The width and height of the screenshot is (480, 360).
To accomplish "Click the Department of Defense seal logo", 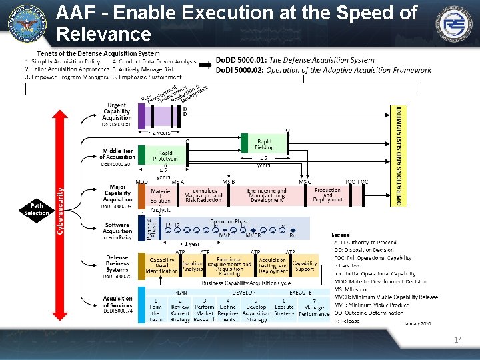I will pos(27,23).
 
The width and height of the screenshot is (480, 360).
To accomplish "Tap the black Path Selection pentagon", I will pos(36,209).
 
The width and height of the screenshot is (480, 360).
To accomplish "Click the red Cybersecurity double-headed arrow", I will pos(61,209).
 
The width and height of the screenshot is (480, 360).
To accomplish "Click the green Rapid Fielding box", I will pos(265,143).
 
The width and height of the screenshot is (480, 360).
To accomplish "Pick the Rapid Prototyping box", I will pos(164,155).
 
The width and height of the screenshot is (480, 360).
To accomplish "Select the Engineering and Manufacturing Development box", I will pos(267,195).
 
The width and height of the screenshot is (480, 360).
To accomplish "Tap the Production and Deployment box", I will pos(327,195).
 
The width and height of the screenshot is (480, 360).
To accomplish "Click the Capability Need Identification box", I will pos(162,266).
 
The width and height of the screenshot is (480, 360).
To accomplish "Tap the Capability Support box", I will pos(305,266).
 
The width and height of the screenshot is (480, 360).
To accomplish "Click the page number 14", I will pos(457,340).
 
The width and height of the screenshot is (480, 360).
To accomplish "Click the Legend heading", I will pos(342,235).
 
